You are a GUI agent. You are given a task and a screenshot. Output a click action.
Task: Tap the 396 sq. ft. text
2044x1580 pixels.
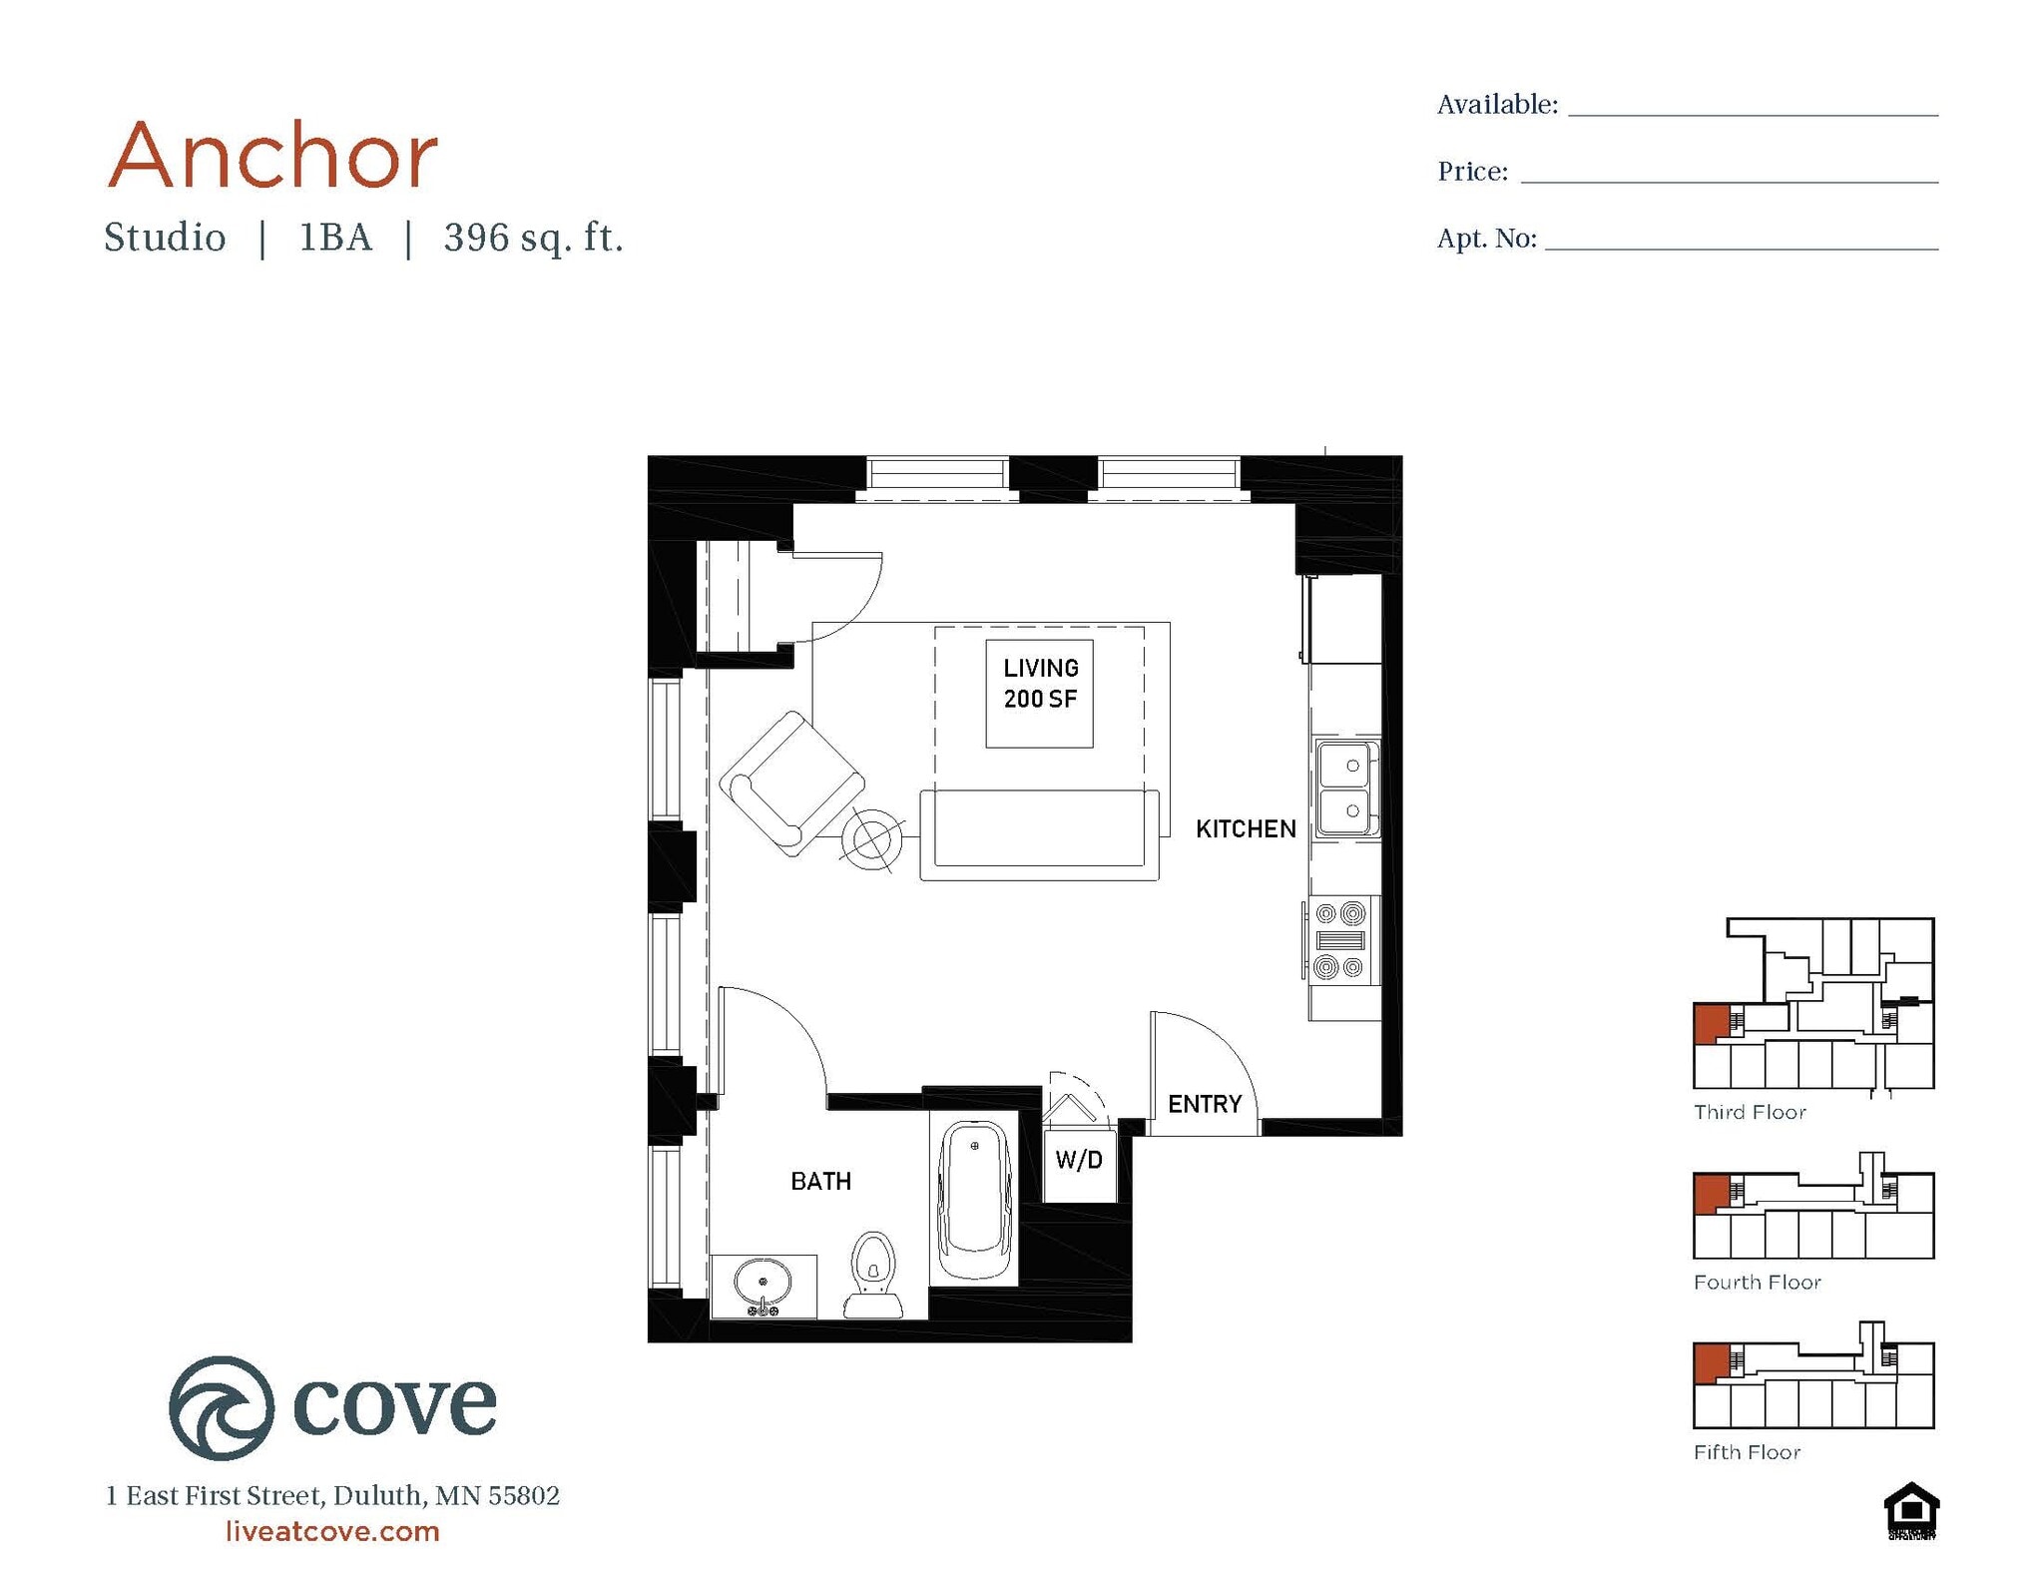click(x=533, y=238)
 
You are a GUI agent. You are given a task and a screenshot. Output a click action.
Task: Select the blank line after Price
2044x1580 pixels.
click(x=1729, y=174)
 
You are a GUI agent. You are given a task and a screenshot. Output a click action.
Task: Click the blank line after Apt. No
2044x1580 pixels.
click(x=1741, y=240)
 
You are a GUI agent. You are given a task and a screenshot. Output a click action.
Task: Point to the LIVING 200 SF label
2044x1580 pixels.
click(x=1040, y=684)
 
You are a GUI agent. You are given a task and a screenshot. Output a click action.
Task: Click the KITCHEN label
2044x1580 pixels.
click(x=1245, y=828)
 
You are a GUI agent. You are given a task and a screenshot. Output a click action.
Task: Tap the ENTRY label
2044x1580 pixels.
click(x=1205, y=1104)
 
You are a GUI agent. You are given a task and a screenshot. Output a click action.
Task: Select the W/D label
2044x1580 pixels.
click(x=1079, y=1160)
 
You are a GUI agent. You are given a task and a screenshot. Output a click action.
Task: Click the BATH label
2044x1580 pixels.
click(x=820, y=1182)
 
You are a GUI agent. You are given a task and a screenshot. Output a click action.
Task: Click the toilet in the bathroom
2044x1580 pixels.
click(x=873, y=1274)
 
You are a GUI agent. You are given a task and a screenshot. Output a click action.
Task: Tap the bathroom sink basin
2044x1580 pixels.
click(x=764, y=1282)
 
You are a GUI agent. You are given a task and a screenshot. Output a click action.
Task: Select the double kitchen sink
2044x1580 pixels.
click(x=1346, y=789)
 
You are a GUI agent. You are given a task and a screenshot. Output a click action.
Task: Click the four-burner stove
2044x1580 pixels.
click(x=1340, y=940)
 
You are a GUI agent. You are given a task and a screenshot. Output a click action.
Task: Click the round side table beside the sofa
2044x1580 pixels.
click(x=871, y=840)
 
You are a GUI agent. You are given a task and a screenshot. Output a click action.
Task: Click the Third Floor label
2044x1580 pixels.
click(x=1749, y=1112)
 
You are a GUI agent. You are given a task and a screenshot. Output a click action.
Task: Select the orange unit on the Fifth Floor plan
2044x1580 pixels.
click(x=1711, y=1361)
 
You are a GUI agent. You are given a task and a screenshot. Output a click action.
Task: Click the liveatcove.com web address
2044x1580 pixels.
click(x=332, y=1531)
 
